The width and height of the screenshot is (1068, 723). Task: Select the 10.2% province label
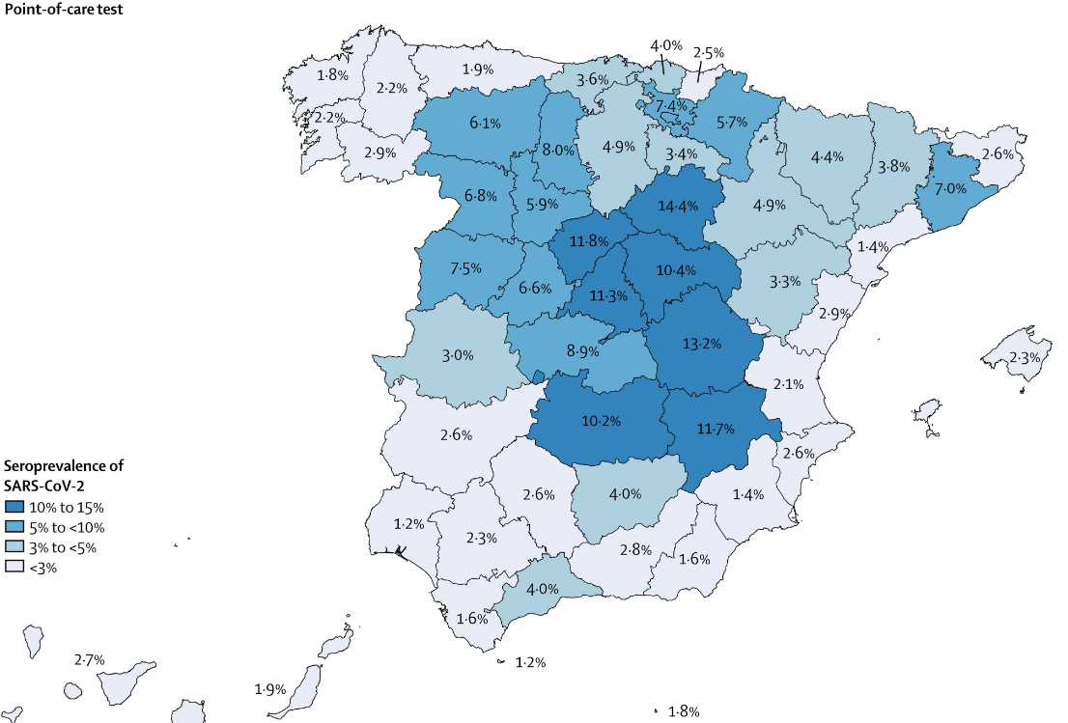tap(601, 421)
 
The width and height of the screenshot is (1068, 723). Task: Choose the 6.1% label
tap(485, 123)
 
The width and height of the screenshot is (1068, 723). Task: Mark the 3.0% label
tap(457, 355)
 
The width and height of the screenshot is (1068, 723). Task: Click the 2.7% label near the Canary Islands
tap(89, 660)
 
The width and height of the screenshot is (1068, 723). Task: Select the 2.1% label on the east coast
tap(788, 384)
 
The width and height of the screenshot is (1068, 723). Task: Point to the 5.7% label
tap(732, 123)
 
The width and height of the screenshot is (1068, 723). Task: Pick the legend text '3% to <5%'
tap(63, 547)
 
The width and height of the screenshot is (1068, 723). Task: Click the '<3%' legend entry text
tap(44, 568)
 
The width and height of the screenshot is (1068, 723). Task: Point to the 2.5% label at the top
tap(709, 53)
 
